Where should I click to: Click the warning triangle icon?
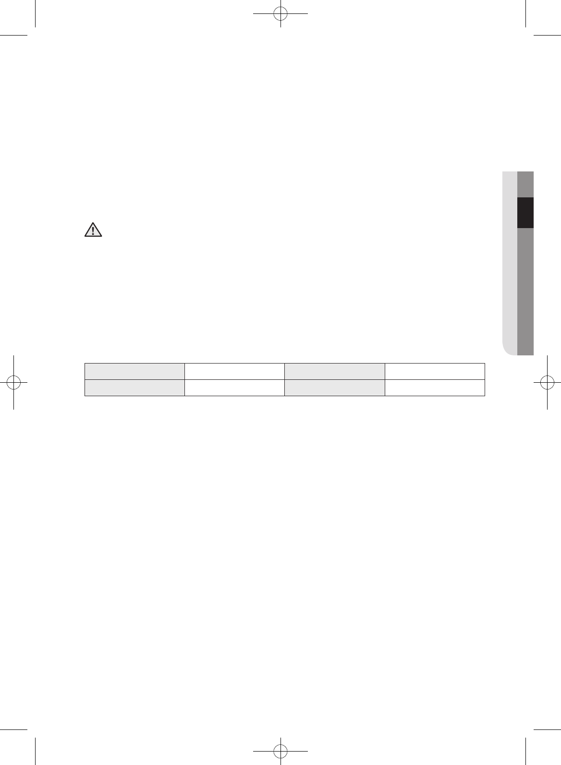(x=95, y=230)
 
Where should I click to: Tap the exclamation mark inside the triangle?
(x=95, y=231)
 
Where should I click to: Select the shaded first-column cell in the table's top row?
(x=134, y=372)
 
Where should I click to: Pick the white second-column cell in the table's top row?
(x=234, y=372)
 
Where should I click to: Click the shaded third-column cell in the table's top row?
(x=334, y=372)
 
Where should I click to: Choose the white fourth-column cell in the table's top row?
(x=434, y=372)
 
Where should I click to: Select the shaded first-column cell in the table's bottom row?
(x=134, y=388)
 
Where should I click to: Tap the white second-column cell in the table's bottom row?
(x=234, y=388)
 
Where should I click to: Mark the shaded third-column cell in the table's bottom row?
(x=334, y=388)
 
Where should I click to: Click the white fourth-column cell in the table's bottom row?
(x=434, y=388)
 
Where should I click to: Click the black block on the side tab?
(x=525, y=212)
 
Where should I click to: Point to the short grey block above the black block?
(x=525, y=184)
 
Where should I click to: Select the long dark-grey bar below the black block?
(x=525, y=291)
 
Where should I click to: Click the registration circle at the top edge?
(x=280, y=14)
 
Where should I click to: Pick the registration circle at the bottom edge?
(x=280, y=750)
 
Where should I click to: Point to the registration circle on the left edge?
(x=14, y=382)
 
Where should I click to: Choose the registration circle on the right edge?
(x=547, y=382)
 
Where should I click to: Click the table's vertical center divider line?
(x=284, y=380)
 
